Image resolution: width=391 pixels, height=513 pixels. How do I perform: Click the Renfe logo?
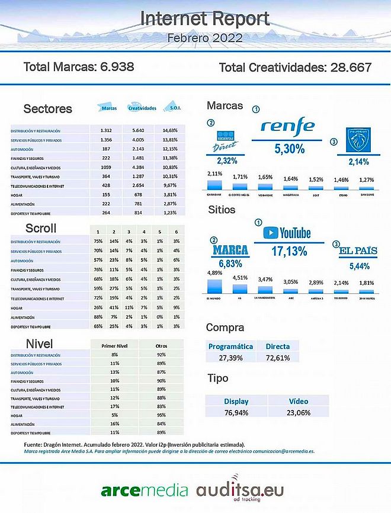coord(288,127)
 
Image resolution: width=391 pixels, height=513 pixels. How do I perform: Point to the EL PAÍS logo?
coord(358,251)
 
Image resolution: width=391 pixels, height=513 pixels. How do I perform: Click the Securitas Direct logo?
coord(226,141)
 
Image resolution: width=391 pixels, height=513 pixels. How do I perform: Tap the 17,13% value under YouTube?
coord(289,251)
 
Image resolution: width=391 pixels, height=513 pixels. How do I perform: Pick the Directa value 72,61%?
coord(278,357)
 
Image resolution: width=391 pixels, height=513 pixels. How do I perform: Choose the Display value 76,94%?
coord(236,412)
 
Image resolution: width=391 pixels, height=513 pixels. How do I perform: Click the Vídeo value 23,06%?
coord(299,412)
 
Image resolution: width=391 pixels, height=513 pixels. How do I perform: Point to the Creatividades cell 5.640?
coord(137,130)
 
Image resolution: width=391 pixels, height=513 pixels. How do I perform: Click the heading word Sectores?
coord(47,108)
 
